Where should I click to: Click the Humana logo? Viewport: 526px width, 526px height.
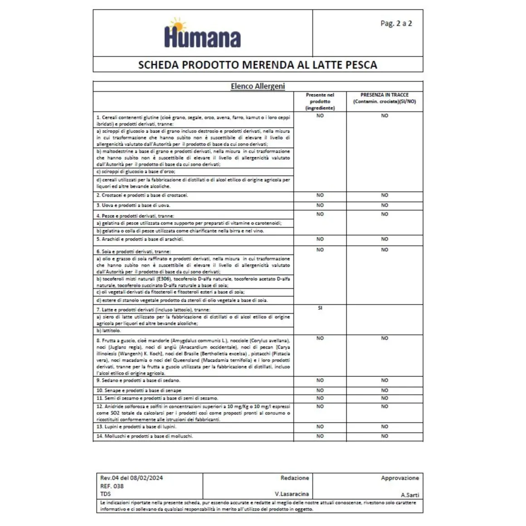point(202,34)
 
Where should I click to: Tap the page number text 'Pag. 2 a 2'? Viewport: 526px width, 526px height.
point(396,24)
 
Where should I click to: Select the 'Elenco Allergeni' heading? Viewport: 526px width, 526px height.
point(258,86)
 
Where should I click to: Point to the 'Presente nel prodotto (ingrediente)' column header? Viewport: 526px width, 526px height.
point(320,102)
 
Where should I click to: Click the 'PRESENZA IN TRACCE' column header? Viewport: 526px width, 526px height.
point(385,98)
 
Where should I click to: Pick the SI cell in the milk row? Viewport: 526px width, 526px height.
point(320,308)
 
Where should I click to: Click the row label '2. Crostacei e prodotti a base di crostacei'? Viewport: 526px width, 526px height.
point(142,195)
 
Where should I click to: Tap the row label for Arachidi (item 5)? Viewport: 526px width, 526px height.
point(140,239)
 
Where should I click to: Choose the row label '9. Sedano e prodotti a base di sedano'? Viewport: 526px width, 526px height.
point(138,380)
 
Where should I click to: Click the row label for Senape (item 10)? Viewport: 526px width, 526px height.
point(139,390)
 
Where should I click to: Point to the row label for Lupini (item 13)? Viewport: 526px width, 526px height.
point(136,427)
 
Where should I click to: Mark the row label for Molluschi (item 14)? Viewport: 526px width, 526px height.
point(145,436)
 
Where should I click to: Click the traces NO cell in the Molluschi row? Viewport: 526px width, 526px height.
point(385,436)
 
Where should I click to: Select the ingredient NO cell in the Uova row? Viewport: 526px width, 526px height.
point(320,205)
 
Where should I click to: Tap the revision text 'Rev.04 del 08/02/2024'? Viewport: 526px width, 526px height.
point(131,478)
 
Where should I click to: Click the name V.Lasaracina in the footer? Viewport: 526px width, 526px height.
point(292,494)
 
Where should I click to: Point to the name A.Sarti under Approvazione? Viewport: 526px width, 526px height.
point(410,495)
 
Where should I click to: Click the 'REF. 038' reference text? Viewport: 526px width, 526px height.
point(112,486)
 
